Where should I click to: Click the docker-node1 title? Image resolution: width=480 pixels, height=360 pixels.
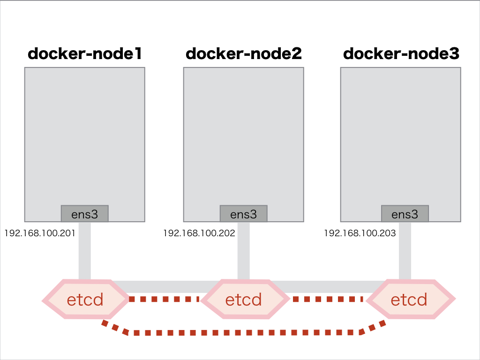pyautogui.click(x=85, y=54)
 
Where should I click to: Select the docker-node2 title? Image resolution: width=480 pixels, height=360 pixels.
pyautogui.click(x=244, y=54)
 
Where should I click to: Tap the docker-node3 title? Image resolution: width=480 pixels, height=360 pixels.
pyautogui.click(x=401, y=54)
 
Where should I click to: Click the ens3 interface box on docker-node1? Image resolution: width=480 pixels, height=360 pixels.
pyautogui.click(x=85, y=214)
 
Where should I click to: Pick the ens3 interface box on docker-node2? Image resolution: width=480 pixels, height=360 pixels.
pyautogui.click(x=244, y=214)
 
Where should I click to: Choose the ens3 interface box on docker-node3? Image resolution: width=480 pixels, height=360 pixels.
pyautogui.click(x=405, y=214)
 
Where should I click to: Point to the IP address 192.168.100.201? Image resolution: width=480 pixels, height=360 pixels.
pyautogui.click(x=40, y=233)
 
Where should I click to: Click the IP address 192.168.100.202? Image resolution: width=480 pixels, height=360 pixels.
pyautogui.click(x=199, y=233)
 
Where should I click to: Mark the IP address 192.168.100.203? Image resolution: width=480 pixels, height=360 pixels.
pyautogui.click(x=360, y=233)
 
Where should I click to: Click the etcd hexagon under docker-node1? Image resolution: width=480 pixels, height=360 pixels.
pyautogui.click(x=85, y=299)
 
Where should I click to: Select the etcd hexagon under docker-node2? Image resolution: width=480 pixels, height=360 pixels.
pyautogui.click(x=244, y=299)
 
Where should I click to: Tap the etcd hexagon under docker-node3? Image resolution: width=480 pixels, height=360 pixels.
pyautogui.click(x=409, y=299)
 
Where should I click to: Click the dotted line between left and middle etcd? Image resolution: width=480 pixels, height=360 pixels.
pyautogui.click(x=164, y=299)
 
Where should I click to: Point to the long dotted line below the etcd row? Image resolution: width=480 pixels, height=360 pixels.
pyautogui.click(x=244, y=333)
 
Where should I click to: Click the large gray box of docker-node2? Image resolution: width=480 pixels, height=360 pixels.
pyautogui.click(x=244, y=136)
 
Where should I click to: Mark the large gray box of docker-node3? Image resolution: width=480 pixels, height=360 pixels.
pyautogui.click(x=401, y=136)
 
